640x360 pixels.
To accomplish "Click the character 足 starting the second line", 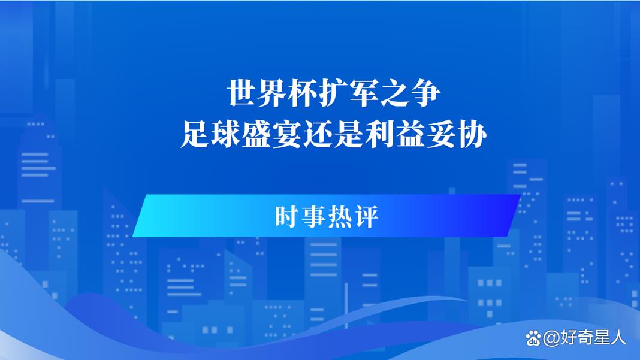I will [x=195, y=135].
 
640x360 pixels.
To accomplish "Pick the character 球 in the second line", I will [x=226, y=135].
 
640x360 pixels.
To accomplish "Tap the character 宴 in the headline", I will [x=288, y=135].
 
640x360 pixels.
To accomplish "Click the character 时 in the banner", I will [x=287, y=216].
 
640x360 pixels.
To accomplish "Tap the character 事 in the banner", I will [x=313, y=216].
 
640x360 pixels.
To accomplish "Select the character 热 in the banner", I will [x=340, y=216].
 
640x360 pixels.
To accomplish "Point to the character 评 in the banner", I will [x=366, y=216].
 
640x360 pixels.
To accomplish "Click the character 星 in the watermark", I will [x=602, y=338].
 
